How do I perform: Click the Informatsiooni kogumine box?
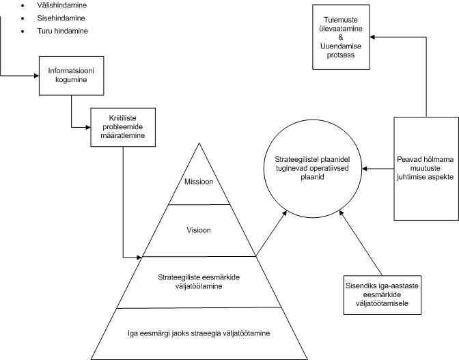(x=71, y=75)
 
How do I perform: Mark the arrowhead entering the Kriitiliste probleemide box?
(x=87, y=126)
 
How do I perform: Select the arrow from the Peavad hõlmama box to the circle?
(x=374, y=167)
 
